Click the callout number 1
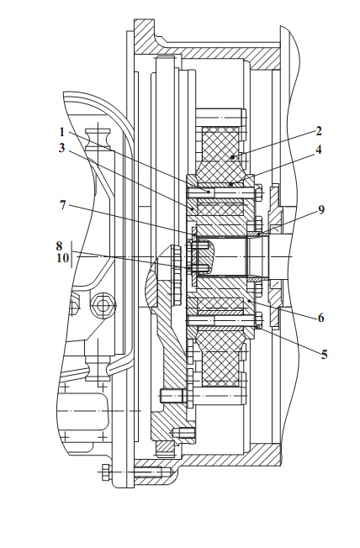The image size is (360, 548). click(x=62, y=132)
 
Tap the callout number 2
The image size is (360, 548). click(x=319, y=131)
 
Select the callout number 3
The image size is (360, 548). click(x=62, y=148)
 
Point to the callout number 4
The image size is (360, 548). click(x=318, y=150)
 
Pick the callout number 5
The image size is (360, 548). click(x=324, y=355)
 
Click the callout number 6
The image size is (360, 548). click(x=320, y=318)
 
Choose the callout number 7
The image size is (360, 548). click(x=62, y=205)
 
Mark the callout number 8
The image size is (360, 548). click(x=60, y=246)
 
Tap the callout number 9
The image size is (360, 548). click(x=321, y=209)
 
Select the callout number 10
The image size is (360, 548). click(x=63, y=259)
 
